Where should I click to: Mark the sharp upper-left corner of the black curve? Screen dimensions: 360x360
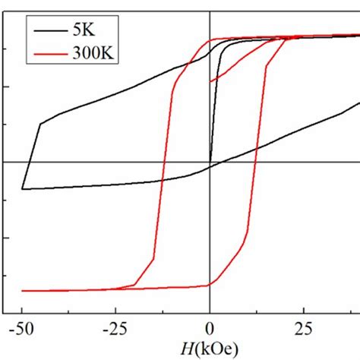[39, 124]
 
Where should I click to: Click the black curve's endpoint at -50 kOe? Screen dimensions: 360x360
[23, 188]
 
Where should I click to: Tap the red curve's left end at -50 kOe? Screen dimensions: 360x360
[23, 291]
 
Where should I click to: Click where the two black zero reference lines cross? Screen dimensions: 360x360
[210, 162]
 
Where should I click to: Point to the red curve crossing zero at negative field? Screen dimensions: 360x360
[163, 162]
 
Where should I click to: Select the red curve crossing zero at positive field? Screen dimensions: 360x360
[256, 162]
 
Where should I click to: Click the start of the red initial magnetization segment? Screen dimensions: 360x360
[210, 81]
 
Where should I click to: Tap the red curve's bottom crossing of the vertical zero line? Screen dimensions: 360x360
[210, 286]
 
